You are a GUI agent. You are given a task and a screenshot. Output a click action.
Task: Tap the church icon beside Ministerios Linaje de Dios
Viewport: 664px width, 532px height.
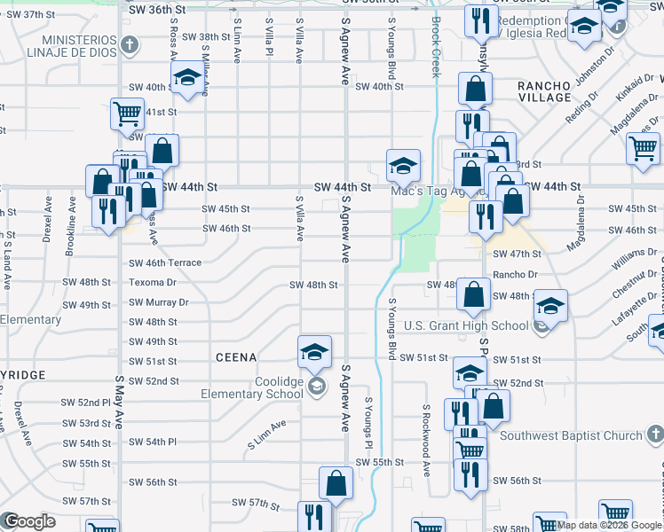(130, 44)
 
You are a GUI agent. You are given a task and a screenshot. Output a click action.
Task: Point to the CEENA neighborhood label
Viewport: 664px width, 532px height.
(236, 357)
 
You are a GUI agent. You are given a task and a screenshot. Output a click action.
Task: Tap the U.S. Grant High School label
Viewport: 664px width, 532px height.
(467, 326)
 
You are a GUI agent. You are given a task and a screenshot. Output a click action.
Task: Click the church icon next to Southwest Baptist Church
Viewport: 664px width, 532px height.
(654, 434)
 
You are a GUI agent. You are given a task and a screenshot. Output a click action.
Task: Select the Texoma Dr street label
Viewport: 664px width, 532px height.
(154, 283)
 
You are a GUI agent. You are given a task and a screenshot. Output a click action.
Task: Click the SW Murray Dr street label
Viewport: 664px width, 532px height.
(159, 302)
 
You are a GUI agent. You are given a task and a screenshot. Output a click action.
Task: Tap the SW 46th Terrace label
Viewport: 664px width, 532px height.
(165, 263)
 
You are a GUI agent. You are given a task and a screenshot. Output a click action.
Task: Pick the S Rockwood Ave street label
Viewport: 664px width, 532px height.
(426, 433)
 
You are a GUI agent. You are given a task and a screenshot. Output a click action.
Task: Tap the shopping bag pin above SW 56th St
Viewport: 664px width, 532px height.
(336, 483)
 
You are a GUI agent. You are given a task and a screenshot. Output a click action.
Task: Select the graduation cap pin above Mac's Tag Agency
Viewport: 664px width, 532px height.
(403, 164)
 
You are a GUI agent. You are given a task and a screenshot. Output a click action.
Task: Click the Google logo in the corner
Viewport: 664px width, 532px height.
(29, 521)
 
